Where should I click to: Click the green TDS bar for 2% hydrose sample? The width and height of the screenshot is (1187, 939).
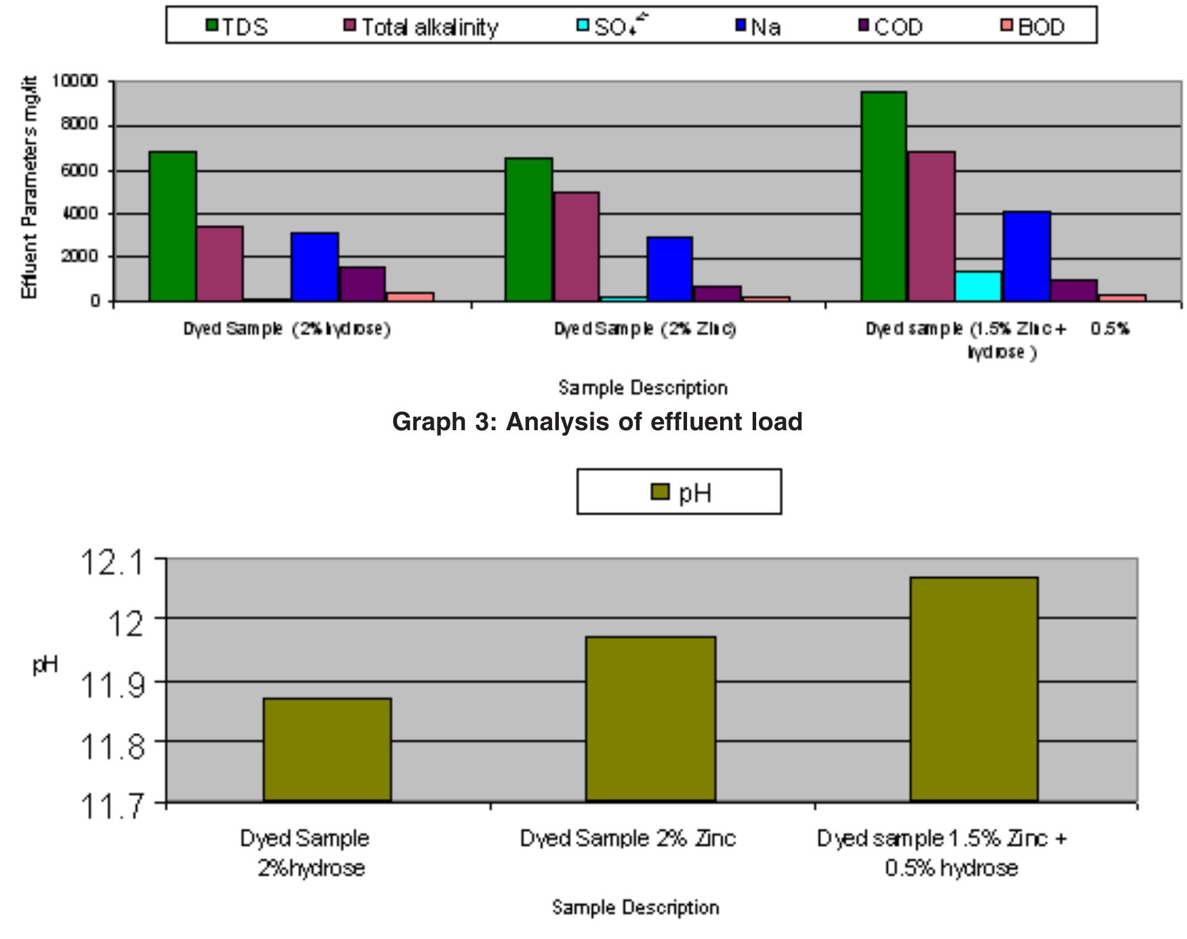click(172, 226)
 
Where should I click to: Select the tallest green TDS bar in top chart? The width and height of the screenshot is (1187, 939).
click(883, 196)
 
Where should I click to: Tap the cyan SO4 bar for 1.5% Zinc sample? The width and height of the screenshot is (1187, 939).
click(978, 286)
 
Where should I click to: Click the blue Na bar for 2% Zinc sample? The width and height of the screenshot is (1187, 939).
click(669, 269)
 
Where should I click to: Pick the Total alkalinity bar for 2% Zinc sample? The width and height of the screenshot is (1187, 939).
click(576, 247)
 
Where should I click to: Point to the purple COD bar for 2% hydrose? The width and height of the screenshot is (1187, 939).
click(362, 284)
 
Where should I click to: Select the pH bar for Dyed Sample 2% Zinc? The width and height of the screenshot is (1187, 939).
click(650, 719)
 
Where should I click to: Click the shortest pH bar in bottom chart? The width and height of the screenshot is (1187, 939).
click(327, 749)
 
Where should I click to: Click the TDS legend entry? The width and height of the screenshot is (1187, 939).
click(237, 27)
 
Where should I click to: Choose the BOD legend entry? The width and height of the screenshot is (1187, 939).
click(1033, 27)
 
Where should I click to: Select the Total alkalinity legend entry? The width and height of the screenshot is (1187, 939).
click(421, 27)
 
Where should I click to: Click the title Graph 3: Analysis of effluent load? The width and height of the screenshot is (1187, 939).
click(597, 421)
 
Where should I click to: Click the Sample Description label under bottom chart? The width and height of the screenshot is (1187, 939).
click(635, 907)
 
